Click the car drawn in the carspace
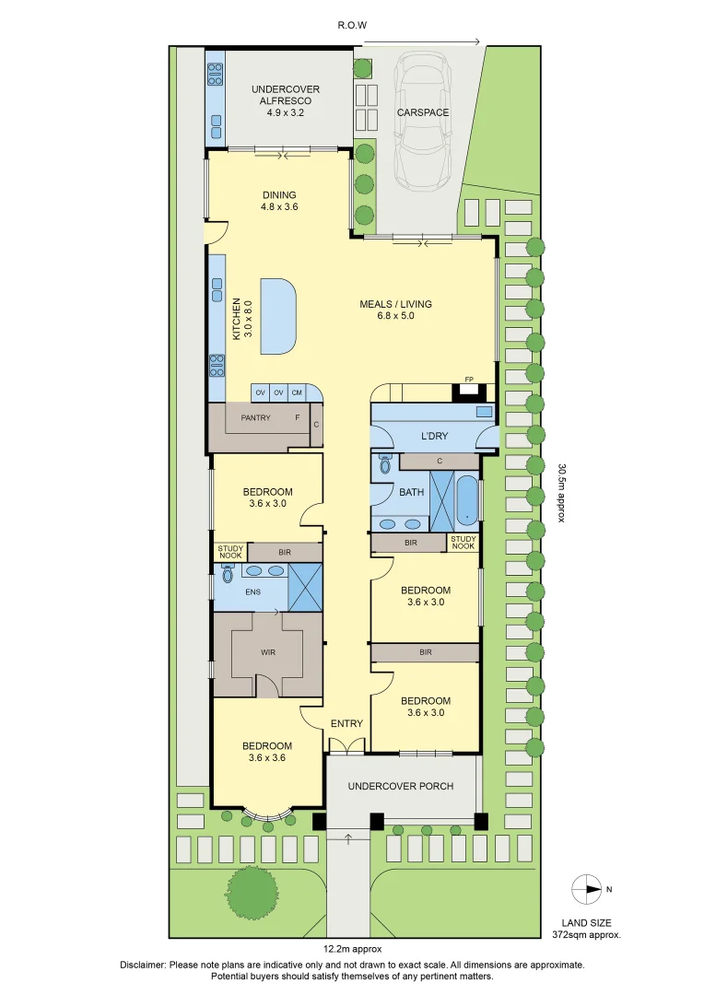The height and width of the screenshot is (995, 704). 423,121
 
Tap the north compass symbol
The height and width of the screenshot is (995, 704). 587,889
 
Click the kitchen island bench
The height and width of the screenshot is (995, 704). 278,317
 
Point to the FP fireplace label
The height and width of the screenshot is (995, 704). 469,380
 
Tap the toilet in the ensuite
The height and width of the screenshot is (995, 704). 228,574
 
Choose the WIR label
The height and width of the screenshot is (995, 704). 268,652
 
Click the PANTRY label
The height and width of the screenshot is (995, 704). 256,417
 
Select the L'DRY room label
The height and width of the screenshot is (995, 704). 435,436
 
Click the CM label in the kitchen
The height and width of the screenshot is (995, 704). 297,392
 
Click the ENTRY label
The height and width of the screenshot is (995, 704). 346,723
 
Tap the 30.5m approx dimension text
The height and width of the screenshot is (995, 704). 561,492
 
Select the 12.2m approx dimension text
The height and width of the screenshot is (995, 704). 353,949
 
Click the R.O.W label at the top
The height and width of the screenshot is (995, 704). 352,26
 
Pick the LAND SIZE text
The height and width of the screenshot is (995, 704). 587,923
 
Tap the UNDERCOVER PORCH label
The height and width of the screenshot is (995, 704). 401,786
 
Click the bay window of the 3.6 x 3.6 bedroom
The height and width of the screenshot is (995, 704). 268,814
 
